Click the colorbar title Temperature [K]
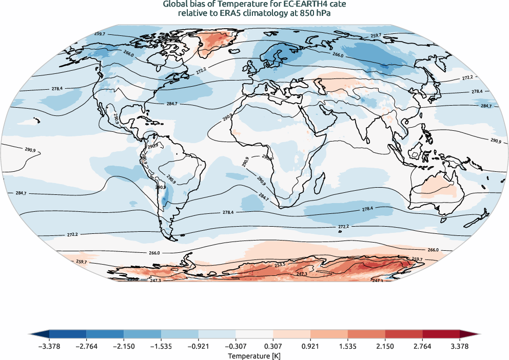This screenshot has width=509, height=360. coord(254,355)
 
